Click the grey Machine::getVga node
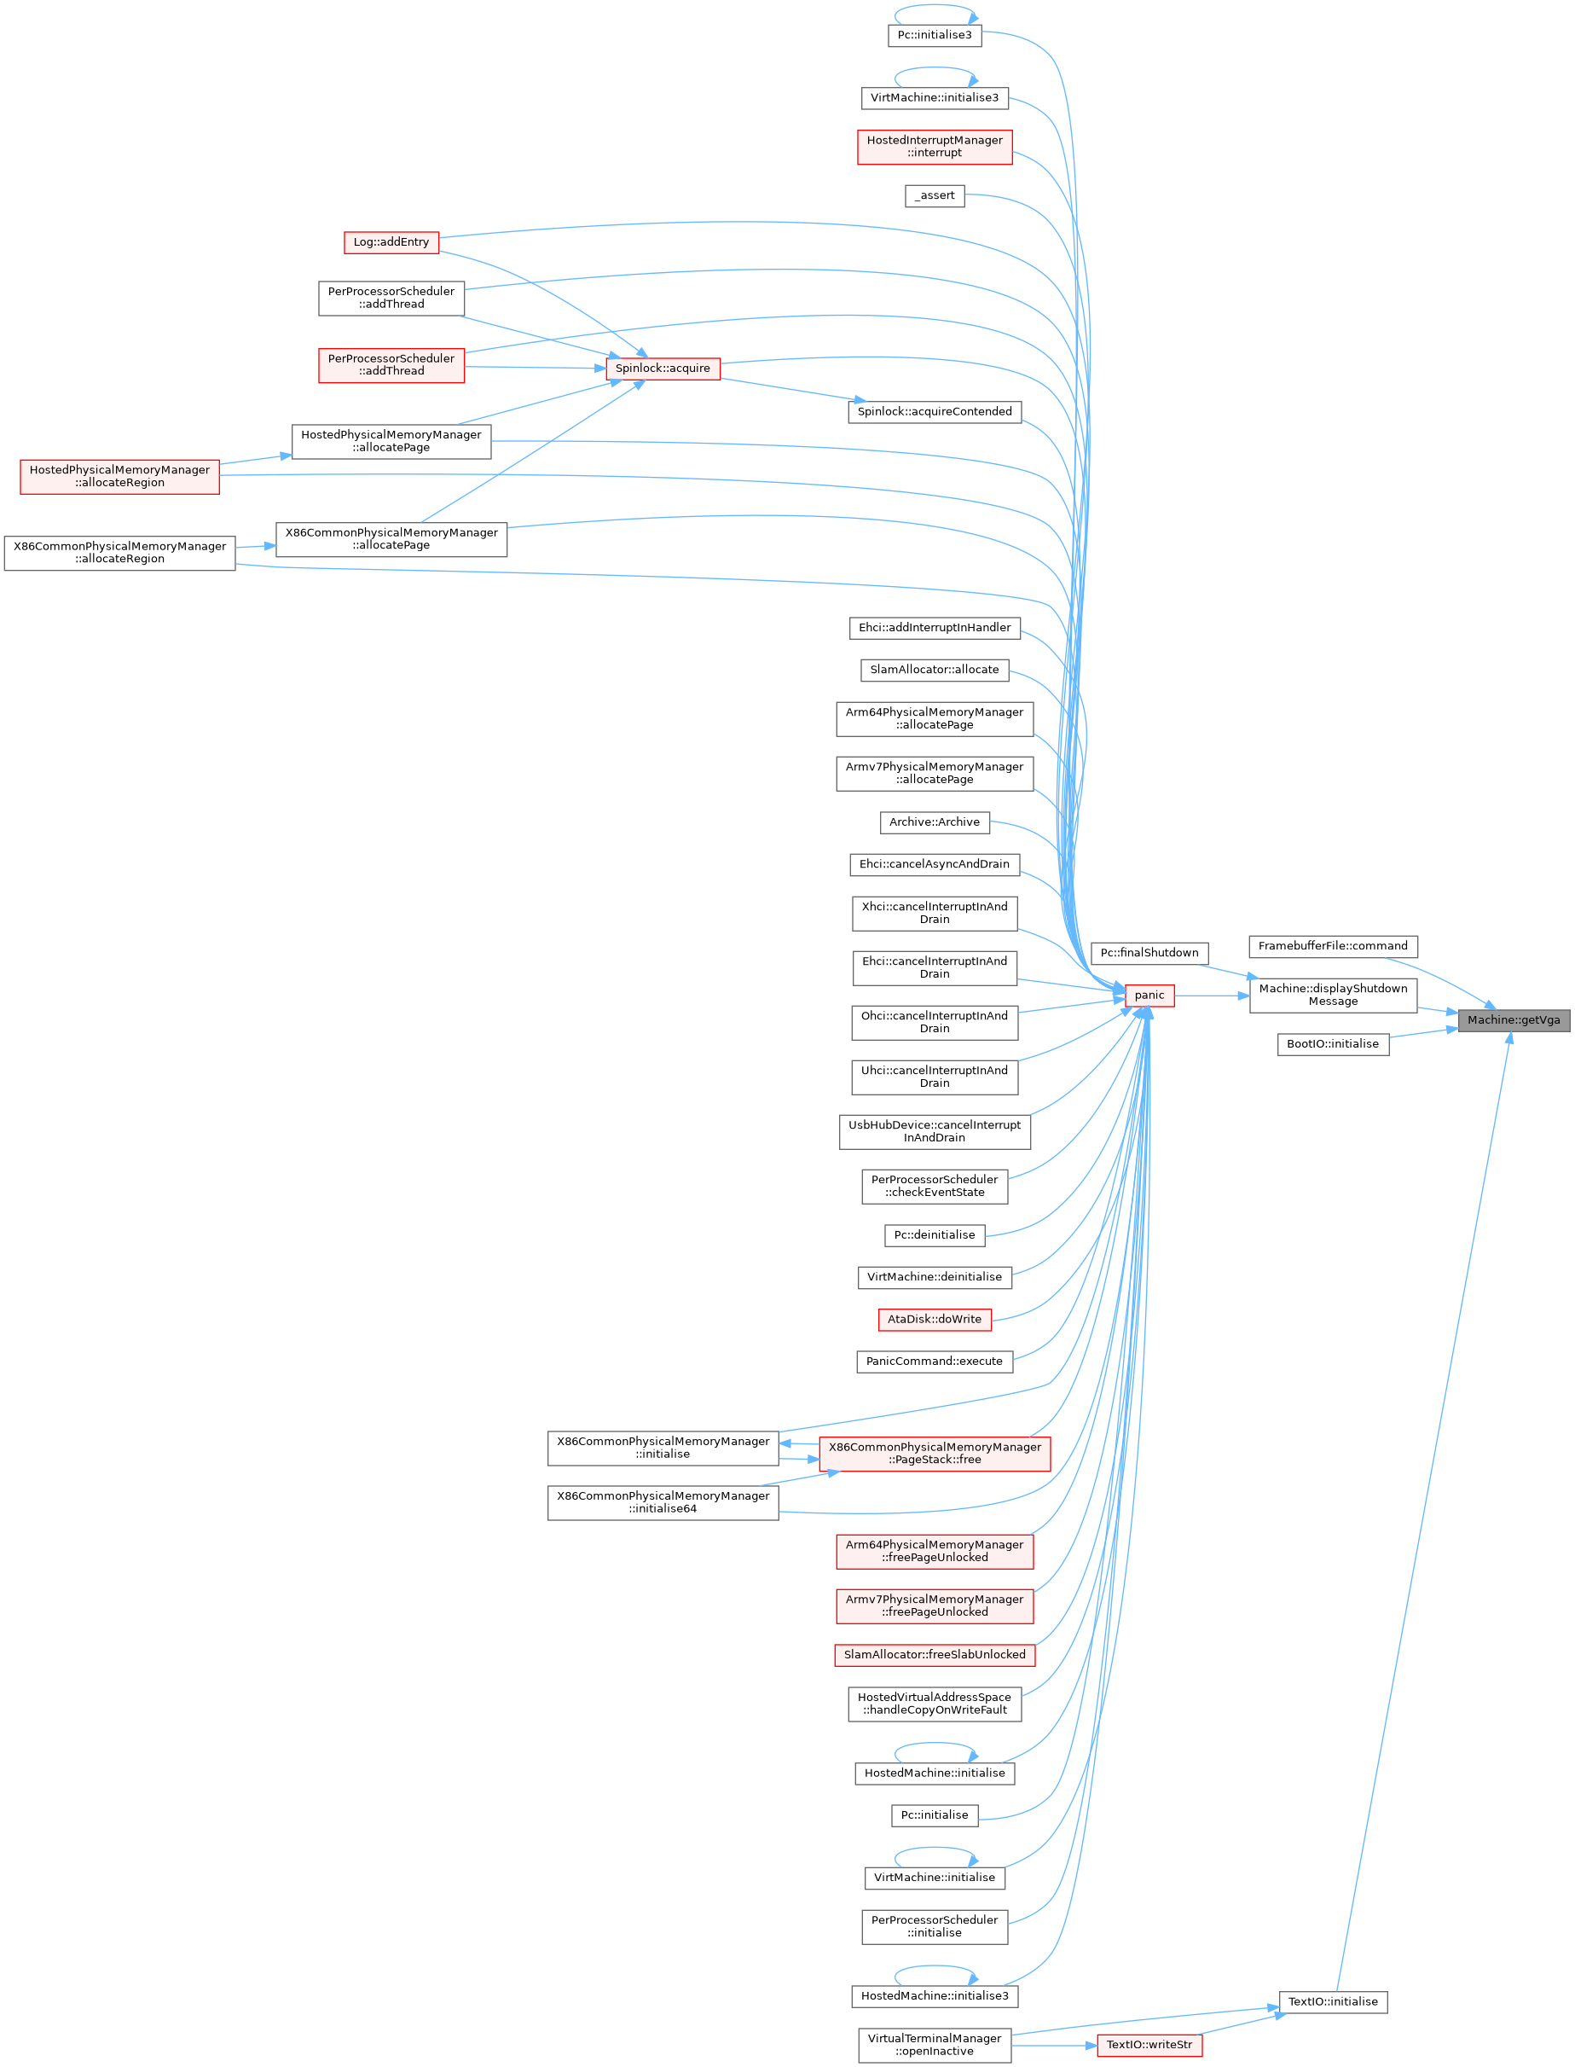(x=1513, y=1019)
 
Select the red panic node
(x=1149, y=995)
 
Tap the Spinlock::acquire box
(x=663, y=368)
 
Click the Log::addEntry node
(x=391, y=242)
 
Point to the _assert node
(x=935, y=195)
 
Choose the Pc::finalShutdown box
(x=1149, y=953)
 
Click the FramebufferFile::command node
(x=1333, y=945)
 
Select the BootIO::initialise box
(x=1333, y=1044)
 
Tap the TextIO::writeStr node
(x=1149, y=2045)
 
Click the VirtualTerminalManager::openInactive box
(x=935, y=2045)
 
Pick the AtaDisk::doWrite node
(x=935, y=1319)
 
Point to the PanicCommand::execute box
(x=935, y=1361)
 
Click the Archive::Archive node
(x=935, y=822)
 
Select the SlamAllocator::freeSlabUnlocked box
(x=935, y=1654)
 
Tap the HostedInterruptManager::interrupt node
(x=935, y=147)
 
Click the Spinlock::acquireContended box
(x=935, y=411)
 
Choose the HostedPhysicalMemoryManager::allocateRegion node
(x=120, y=476)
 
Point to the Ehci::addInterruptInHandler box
(x=935, y=627)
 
